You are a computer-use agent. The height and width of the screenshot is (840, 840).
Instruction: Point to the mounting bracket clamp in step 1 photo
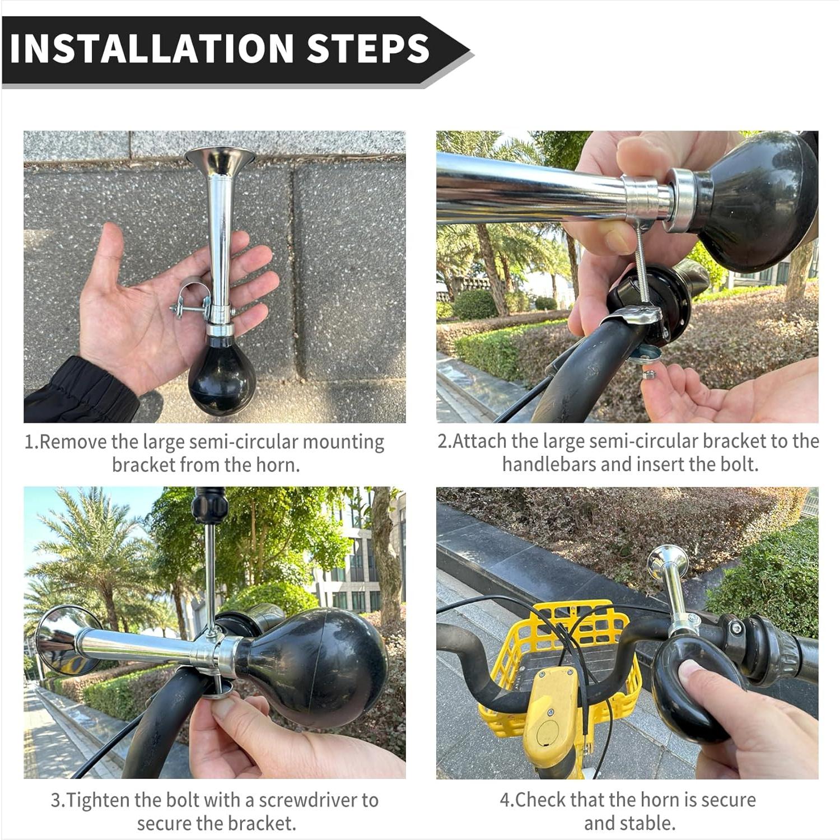[190, 302]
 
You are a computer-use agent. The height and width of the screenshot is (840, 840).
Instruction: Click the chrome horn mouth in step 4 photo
[667, 562]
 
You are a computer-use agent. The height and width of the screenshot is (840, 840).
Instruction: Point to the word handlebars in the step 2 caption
[549, 464]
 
